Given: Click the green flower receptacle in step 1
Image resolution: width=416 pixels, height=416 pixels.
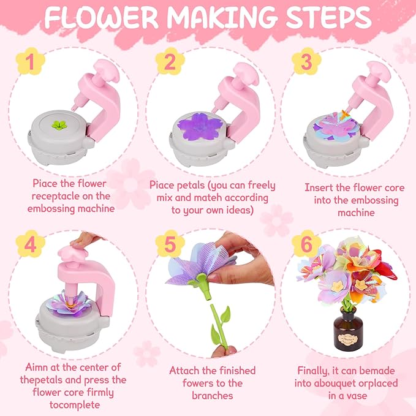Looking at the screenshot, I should (x=59, y=126).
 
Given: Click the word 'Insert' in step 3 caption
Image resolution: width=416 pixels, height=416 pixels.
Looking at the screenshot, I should (x=319, y=187).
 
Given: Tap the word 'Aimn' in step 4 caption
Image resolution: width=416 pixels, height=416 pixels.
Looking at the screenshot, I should (x=36, y=367).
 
